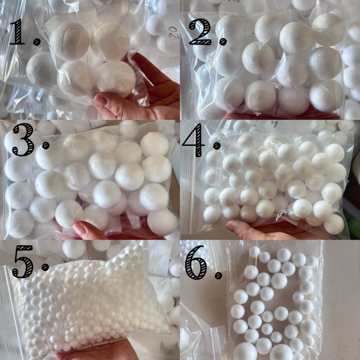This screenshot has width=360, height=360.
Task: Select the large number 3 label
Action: [23, 139]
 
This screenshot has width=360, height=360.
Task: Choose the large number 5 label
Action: [23, 261]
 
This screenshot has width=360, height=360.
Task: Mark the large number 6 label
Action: [196, 262]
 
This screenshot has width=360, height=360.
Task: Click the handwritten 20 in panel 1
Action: [174, 32]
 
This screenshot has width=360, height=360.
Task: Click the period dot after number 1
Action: [37, 42]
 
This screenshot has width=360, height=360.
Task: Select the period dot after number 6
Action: [218, 276]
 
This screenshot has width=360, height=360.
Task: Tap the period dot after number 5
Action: [45, 267]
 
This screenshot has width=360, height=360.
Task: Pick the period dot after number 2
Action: [223, 41]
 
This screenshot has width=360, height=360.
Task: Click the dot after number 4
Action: [217, 145]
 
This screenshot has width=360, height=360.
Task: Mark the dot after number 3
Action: [46, 145]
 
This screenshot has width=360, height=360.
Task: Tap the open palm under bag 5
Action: [99, 350]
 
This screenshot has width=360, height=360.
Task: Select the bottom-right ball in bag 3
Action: [162, 222]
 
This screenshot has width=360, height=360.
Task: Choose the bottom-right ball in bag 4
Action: [334, 224]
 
